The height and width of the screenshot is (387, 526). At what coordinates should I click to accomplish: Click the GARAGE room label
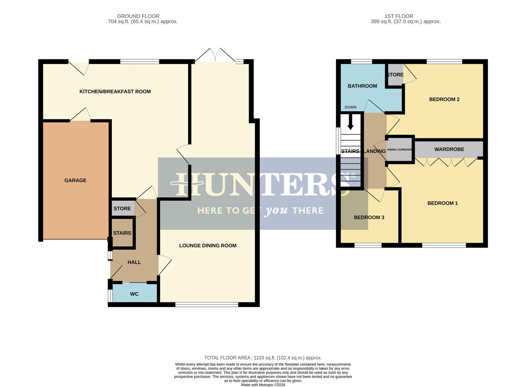click(x=75, y=180)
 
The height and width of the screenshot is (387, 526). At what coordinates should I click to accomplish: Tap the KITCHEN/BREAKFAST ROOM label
click(x=115, y=91)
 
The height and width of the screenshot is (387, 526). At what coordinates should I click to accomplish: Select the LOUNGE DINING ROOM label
click(x=208, y=245)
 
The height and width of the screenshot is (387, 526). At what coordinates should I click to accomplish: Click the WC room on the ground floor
click(x=134, y=294)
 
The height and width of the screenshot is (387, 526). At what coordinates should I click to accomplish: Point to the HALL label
click(x=134, y=262)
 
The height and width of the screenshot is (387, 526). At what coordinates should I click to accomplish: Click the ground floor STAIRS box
click(x=122, y=233)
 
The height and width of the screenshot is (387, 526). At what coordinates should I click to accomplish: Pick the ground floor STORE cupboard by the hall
click(x=122, y=209)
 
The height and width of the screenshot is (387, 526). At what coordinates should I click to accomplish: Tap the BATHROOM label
click(x=362, y=86)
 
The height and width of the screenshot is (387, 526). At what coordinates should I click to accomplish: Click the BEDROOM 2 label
click(x=444, y=99)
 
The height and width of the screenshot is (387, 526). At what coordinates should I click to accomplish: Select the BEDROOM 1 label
click(x=442, y=203)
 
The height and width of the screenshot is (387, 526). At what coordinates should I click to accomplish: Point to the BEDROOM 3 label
click(x=369, y=218)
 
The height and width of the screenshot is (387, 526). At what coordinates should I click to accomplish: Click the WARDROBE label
click(x=449, y=149)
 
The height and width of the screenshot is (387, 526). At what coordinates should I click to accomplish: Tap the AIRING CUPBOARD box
click(x=400, y=149)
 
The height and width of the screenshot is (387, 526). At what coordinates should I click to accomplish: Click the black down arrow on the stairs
click(x=351, y=123)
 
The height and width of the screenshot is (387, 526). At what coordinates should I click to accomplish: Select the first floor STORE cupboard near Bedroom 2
click(x=395, y=75)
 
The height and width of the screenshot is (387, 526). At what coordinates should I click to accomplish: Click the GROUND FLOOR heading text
click(x=138, y=16)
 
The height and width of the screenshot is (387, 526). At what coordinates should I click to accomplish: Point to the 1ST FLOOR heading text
click(x=399, y=16)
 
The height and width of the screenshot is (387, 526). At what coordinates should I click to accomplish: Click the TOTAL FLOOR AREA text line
click(x=263, y=358)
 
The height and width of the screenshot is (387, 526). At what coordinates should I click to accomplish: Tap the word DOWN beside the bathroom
click(x=351, y=107)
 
